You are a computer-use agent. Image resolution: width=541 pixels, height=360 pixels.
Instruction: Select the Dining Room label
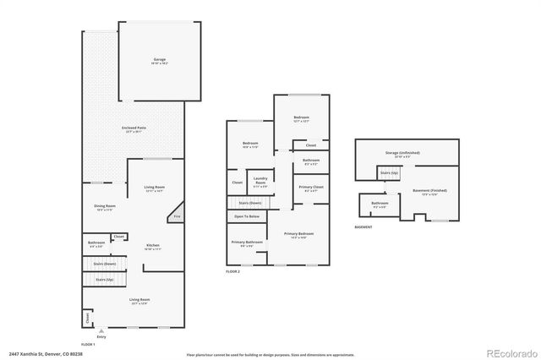105,207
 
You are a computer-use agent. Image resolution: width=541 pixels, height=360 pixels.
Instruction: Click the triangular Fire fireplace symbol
178,216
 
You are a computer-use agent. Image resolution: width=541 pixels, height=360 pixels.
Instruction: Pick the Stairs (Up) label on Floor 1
104,279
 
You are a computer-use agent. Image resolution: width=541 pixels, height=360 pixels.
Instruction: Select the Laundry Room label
260,179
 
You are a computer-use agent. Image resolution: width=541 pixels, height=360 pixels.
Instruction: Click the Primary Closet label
311,188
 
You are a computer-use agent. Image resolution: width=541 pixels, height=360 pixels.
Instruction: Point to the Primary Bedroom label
299,235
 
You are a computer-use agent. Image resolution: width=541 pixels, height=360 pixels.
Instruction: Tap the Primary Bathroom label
248,244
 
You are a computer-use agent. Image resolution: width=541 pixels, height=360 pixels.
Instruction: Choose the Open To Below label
246,217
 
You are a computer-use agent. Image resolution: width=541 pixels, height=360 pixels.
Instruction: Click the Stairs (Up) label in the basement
389,172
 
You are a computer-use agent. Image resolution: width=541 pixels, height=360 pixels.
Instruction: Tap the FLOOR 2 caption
232,271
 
